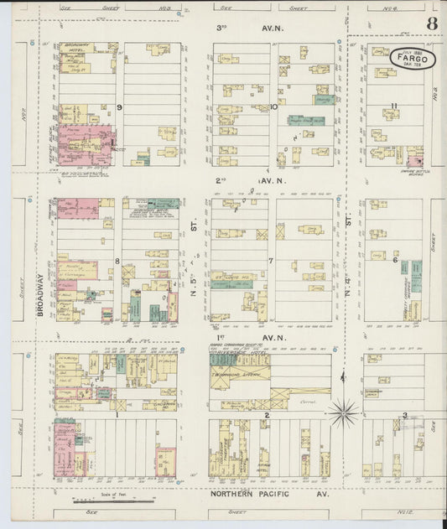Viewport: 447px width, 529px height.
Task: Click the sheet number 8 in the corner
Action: (431, 23)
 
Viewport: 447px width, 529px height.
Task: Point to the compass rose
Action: (343, 412)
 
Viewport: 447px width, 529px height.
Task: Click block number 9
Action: (120, 107)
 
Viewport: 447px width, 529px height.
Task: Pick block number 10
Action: (273, 106)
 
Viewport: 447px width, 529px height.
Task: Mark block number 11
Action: (393, 106)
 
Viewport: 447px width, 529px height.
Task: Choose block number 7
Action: (270, 261)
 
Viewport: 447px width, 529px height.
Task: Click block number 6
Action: (394, 260)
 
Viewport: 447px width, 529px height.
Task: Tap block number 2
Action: (267, 415)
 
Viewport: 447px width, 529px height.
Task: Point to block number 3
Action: (404, 415)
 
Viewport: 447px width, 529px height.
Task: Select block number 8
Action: (118, 261)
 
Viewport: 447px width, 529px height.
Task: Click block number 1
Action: (117, 414)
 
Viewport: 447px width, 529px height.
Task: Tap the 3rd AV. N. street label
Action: (243, 28)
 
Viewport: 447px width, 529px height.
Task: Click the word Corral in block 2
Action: (304, 402)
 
